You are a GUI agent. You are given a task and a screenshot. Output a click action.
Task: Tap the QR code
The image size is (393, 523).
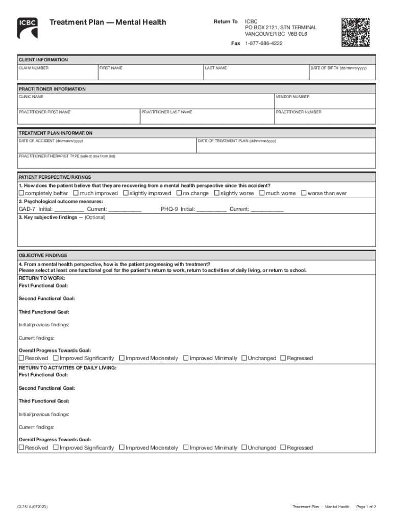(355, 32)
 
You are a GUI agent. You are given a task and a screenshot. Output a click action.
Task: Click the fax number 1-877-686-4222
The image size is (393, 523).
(264, 43)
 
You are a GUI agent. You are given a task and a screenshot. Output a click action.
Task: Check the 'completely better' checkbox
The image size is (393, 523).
(21, 193)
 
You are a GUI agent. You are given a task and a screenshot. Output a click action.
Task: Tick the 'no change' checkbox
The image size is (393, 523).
(179, 193)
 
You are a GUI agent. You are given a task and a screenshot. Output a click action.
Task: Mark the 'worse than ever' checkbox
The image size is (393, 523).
(304, 193)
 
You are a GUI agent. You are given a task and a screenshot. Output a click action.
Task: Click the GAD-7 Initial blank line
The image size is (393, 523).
(69, 209)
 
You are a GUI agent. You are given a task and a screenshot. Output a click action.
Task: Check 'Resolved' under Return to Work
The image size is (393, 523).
(21, 358)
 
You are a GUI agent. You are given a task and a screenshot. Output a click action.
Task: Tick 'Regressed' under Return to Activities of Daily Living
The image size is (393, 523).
(283, 447)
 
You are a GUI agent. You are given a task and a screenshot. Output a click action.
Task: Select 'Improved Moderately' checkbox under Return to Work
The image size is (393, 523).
(122, 358)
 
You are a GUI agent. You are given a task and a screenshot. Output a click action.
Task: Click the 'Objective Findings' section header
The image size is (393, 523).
(43, 255)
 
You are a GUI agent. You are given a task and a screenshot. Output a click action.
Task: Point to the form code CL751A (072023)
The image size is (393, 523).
(33, 507)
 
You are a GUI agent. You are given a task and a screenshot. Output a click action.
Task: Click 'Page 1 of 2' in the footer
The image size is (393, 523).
(365, 507)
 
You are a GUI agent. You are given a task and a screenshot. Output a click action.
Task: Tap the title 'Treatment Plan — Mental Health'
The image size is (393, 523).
(107, 22)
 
